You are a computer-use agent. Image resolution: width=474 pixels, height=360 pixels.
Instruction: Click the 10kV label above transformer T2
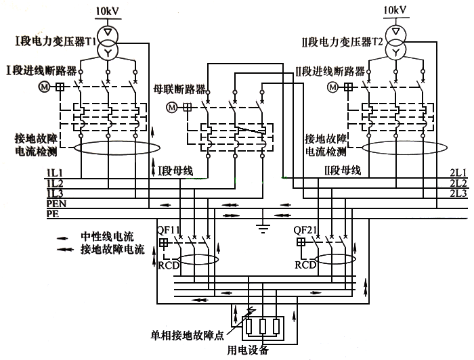click(395, 12)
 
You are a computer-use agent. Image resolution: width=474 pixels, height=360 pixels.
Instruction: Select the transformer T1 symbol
click(107, 41)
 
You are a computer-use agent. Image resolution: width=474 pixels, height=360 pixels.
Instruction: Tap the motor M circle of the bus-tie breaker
click(172, 107)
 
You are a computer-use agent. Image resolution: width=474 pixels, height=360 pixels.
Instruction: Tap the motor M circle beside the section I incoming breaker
click(45, 87)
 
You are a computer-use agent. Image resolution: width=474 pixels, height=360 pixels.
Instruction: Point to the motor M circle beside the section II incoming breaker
click(333, 87)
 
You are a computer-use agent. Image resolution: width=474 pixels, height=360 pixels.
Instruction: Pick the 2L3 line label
click(458, 194)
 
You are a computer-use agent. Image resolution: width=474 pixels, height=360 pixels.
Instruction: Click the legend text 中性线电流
click(108, 236)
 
